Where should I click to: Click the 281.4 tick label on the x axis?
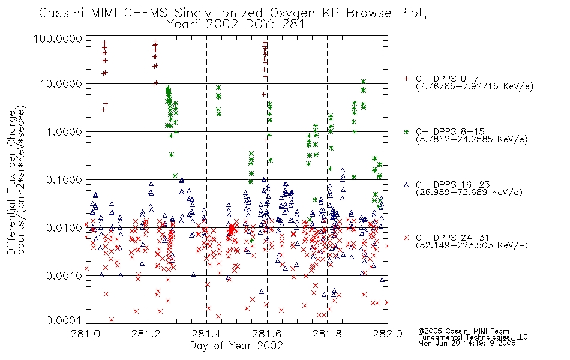(206, 334)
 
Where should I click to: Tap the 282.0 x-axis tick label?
(388, 334)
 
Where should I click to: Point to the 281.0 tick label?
(86, 334)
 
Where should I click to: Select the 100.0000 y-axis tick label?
(58, 38)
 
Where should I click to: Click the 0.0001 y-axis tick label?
(64, 320)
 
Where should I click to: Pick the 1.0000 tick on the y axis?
(64, 131)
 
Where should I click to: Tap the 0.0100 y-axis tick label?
(64, 228)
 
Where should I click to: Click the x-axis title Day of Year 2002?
(236, 346)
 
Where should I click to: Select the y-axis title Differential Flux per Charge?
(11, 182)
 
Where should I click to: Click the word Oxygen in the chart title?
(293, 13)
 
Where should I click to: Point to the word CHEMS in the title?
(145, 13)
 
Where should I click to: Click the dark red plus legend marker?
(406, 79)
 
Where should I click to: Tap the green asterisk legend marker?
(406, 131)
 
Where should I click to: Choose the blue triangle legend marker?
(406, 185)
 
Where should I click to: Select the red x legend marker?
(406, 238)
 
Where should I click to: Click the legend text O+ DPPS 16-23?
(452, 185)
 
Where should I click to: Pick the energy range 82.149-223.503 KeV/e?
(472, 245)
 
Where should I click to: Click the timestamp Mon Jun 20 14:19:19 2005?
(467, 343)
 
